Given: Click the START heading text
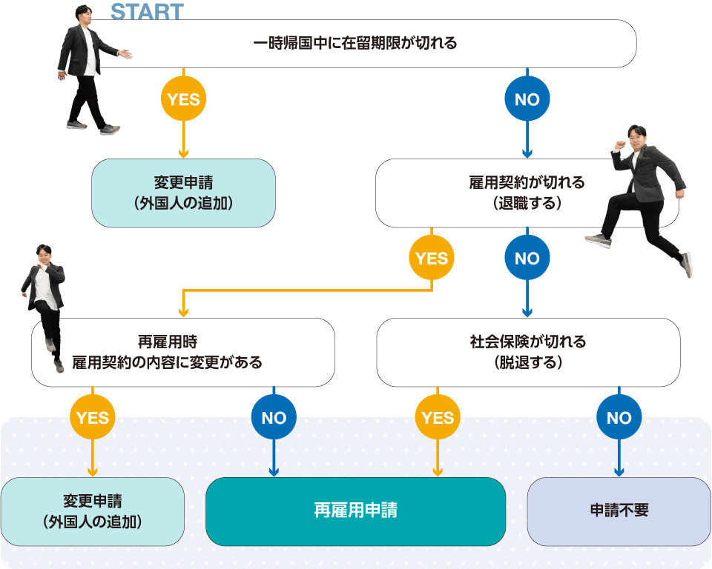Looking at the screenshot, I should coord(146,12).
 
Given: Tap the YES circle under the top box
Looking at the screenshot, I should coord(182,99).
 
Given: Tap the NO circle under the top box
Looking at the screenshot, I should coord(527,99).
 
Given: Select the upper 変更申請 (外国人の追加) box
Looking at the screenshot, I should coord(183,193).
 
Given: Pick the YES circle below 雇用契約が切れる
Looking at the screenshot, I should coord(432,259).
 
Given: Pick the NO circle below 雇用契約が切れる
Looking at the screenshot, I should coord(527,259).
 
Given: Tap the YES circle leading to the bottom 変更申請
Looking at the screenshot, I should coord(93,418).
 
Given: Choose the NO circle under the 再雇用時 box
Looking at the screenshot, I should coord(274,418).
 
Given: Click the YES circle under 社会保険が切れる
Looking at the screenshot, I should coord(438,418).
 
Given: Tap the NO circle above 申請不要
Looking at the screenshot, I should coord(619,418).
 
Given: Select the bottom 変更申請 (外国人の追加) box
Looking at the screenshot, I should coord(93,512).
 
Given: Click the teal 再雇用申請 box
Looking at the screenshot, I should coord(355,512).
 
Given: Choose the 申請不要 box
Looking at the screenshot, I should coord(619,512).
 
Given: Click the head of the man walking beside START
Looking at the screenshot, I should coord(85,16).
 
